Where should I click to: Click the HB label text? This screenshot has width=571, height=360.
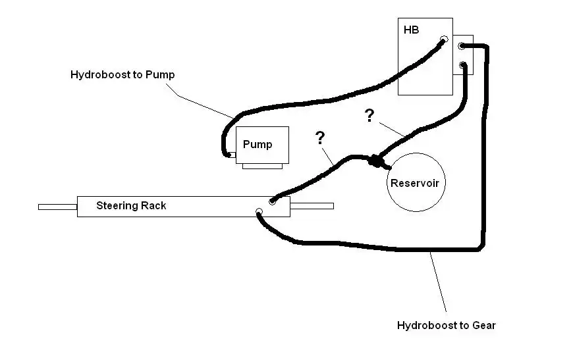click(x=411, y=30)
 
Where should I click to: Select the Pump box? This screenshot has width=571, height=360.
click(x=262, y=145)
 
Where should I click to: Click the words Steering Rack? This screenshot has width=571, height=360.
click(x=131, y=205)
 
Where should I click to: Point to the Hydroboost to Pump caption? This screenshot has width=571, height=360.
click(x=122, y=74)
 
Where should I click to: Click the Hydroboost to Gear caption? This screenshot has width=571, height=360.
click(x=446, y=325)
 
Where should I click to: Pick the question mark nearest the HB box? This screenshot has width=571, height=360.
click(x=369, y=115)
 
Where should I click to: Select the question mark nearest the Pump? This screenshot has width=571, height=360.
click(x=319, y=138)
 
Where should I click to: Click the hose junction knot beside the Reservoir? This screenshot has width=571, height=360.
click(x=375, y=161)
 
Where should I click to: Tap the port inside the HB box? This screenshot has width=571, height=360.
click(x=444, y=39)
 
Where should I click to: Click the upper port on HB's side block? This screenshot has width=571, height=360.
click(x=462, y=46)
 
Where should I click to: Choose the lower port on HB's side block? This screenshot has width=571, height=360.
click(x=462, y=65)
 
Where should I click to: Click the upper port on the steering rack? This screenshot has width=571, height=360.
click(x=272, y=201)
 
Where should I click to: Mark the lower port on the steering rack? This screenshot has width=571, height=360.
click(x=259, y=211)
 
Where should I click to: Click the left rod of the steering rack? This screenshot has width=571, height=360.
click(x=57, y=207)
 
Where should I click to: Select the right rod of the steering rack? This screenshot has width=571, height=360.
click(x=312, y=206)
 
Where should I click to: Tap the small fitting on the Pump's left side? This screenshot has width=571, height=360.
click(x=232, y=155)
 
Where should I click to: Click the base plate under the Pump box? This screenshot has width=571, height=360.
click(x=263, y=167)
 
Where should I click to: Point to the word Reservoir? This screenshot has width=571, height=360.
click(x=415, y=183)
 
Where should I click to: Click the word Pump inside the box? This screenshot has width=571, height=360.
click(x=258, y=145)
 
